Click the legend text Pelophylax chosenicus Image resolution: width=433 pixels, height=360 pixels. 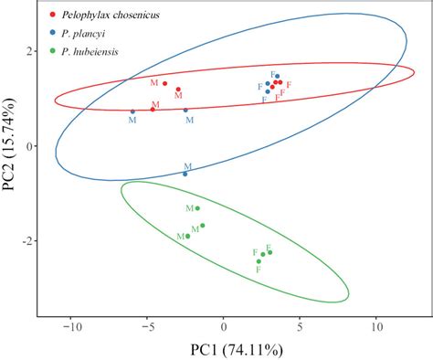[x=106, y=15]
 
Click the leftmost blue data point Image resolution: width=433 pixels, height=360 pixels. [x=132, y=111]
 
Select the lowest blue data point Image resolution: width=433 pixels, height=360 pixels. [x=185, y=174]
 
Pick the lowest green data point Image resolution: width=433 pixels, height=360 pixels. [x=259, y=261]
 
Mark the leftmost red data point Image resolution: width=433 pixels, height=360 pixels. [x=153, y=109]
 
